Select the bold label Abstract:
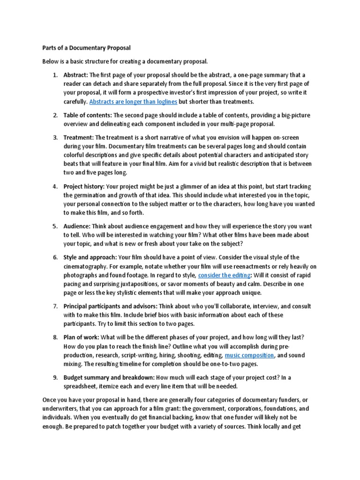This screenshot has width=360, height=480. tap(75, 75)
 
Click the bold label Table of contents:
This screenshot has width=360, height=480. tap(88, 115)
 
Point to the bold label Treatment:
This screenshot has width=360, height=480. tap(79, 137)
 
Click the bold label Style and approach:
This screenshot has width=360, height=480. tap(90, 257)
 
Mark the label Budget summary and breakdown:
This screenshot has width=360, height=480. tap(109, 377)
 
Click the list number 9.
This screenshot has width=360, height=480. tap(54, 377)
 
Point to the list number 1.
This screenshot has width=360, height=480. tap(54, 75)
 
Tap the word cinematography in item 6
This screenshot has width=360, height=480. tap(86, 266)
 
